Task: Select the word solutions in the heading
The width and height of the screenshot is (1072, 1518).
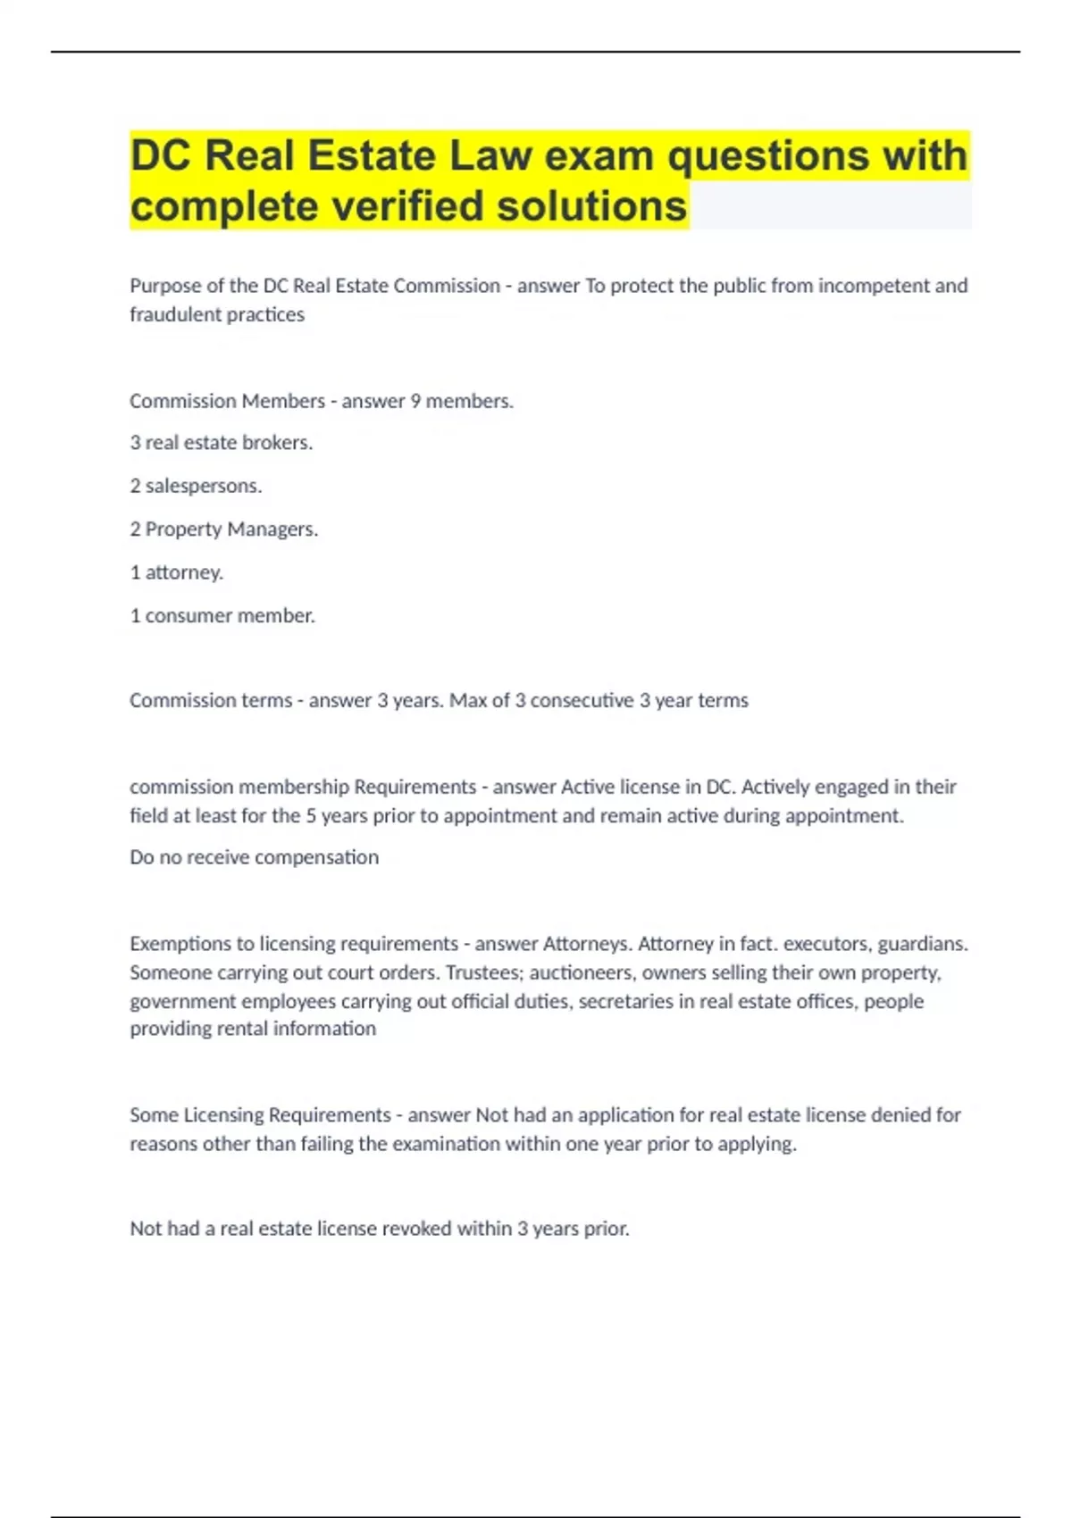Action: (591, 206)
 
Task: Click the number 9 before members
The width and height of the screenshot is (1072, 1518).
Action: (415, 401)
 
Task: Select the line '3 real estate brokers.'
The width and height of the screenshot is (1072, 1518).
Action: (222, 443)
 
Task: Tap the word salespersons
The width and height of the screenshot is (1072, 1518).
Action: (204, 486)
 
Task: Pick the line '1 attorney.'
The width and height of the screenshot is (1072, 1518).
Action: (177, 572)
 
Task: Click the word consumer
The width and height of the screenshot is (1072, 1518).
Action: (188, 615)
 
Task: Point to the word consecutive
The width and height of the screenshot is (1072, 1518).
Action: (582, 701)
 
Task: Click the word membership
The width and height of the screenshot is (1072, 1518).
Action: (294, 787)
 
